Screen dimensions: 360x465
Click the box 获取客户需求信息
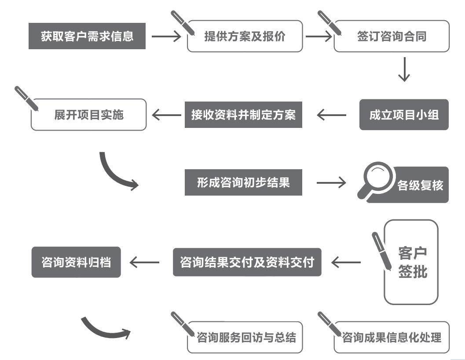tap(87, 36)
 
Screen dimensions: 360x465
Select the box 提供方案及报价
tap(245, 36)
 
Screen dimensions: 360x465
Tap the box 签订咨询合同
tap(392, 36)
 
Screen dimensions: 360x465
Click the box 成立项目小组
tap(404, 115)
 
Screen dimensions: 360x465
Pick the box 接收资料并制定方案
tap(243, 115)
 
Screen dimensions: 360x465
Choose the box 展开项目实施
tap(88, 115)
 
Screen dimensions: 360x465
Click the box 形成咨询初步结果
tap(243, 182)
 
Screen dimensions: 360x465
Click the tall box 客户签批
tap(411, 262)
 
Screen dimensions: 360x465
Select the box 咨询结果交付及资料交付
tap(247, 262)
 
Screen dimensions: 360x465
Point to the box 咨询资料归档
tap(76, 262)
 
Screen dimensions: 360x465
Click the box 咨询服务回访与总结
tap(245, 338)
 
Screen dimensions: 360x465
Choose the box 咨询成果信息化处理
tap(392, 338)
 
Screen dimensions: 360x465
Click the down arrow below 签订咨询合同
tap(404, 69)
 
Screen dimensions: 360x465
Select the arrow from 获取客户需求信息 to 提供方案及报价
tap(166, 36)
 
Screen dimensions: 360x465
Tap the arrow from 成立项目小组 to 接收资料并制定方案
tap(331, 115)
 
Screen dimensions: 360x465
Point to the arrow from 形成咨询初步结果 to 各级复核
tap(331, 182)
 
